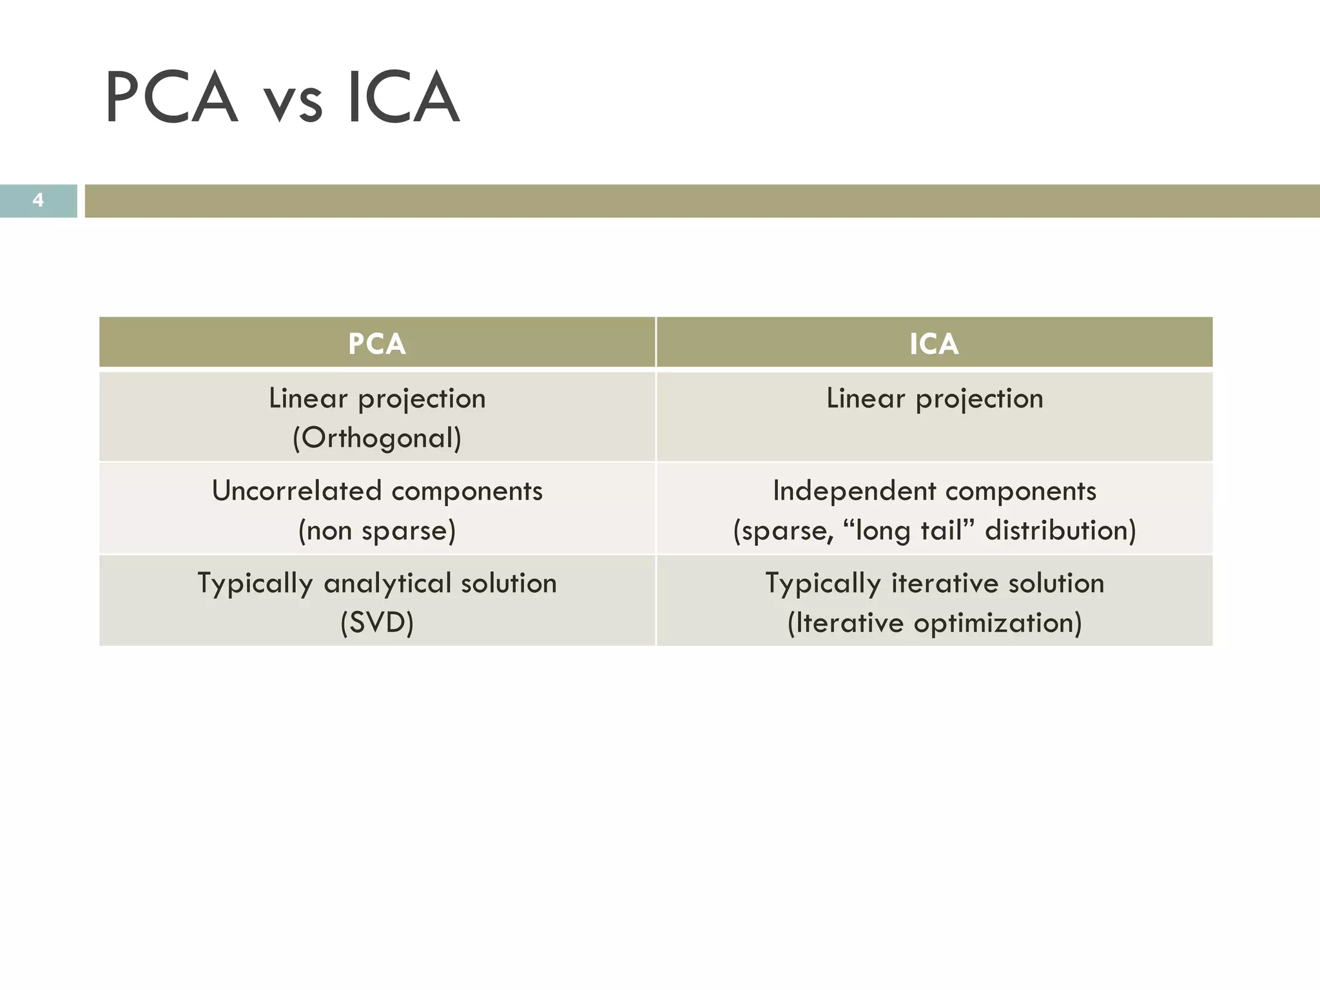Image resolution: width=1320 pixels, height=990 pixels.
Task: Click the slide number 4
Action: [x=38, y=200]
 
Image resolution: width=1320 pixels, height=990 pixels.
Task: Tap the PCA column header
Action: [x=377, y=344]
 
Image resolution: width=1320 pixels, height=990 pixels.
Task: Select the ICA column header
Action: [x=934, y=344]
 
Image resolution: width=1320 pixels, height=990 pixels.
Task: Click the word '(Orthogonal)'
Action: [x=377, y=438]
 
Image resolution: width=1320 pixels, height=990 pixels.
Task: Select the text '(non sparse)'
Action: [x=377, y=531]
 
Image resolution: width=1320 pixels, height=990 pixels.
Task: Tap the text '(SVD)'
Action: [x=377, y=623]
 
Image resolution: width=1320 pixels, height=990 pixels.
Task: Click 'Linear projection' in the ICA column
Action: [x=935, y=398]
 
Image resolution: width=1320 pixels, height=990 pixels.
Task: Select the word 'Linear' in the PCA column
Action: [x=308, y=398]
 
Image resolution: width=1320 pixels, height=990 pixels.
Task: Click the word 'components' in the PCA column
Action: [x=467, y=491]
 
